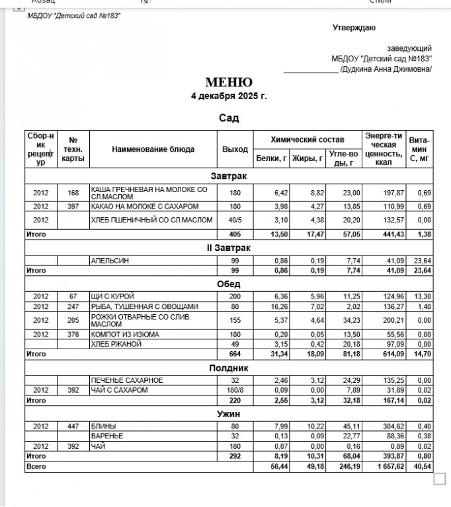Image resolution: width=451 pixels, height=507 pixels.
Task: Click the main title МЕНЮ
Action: [x=228, y=83]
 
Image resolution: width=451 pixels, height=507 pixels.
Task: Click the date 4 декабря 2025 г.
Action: [x=228, y=96]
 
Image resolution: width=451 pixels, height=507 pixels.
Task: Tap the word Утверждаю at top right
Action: [x=354, y=28]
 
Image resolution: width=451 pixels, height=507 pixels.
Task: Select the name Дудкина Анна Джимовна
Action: [x=386, y=69]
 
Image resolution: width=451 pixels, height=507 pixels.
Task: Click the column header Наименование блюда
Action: [x=153, y=149]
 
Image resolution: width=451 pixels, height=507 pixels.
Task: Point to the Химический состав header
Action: [x=307, y=140]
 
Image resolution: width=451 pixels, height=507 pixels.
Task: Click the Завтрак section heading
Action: [x=228, y=177]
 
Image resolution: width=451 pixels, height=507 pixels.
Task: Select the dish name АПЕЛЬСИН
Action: [x=110, y=261]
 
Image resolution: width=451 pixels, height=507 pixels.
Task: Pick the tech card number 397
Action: [x=73, y=207]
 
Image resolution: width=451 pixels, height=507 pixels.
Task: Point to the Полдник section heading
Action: [x=228, y=368]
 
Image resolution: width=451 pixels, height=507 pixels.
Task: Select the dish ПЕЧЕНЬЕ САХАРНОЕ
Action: [x=126, y=380]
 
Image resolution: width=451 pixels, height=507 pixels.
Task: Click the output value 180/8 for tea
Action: [x=235, y=390]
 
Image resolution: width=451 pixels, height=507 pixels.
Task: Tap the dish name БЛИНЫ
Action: [x=103, y=426]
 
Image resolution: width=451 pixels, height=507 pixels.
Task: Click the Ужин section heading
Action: [x=228, y=414]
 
